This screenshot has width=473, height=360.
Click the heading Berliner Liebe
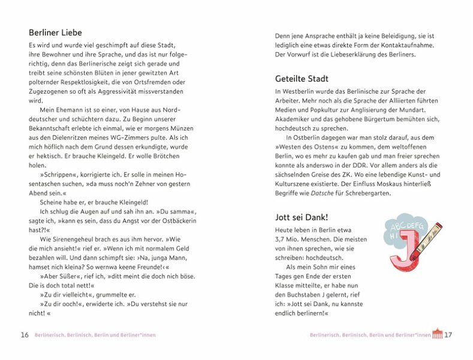[x=55, y=32]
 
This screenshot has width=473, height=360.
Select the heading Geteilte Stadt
[x=302, y=79]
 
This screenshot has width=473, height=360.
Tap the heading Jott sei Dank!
[x=305, y=217]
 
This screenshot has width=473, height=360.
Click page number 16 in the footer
[x=25, y=335]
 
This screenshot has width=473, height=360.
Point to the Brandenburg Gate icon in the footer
[x=437, y=334]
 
